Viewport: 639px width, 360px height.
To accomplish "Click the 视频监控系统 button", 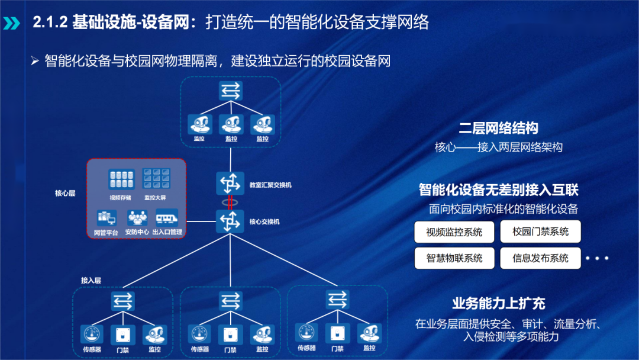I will click(x=454, y=232).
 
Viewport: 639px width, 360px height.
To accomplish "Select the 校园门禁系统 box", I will click(x=541, y=232).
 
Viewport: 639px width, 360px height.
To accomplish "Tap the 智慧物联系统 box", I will click(x=454, y=258).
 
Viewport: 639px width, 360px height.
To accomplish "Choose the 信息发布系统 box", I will click(x=541, y=258).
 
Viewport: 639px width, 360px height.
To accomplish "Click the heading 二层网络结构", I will click(x=498, y=128).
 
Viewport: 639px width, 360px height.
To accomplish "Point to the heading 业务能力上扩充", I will click(x=498, y=304).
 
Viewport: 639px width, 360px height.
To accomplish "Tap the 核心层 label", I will click(x=65, y=194).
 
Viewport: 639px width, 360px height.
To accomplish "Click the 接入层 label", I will click(x=91, y=279).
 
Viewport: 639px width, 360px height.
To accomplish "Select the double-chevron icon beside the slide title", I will click(x=11, y=23).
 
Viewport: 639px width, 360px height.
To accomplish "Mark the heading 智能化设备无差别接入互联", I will click(x=498, y=190).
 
